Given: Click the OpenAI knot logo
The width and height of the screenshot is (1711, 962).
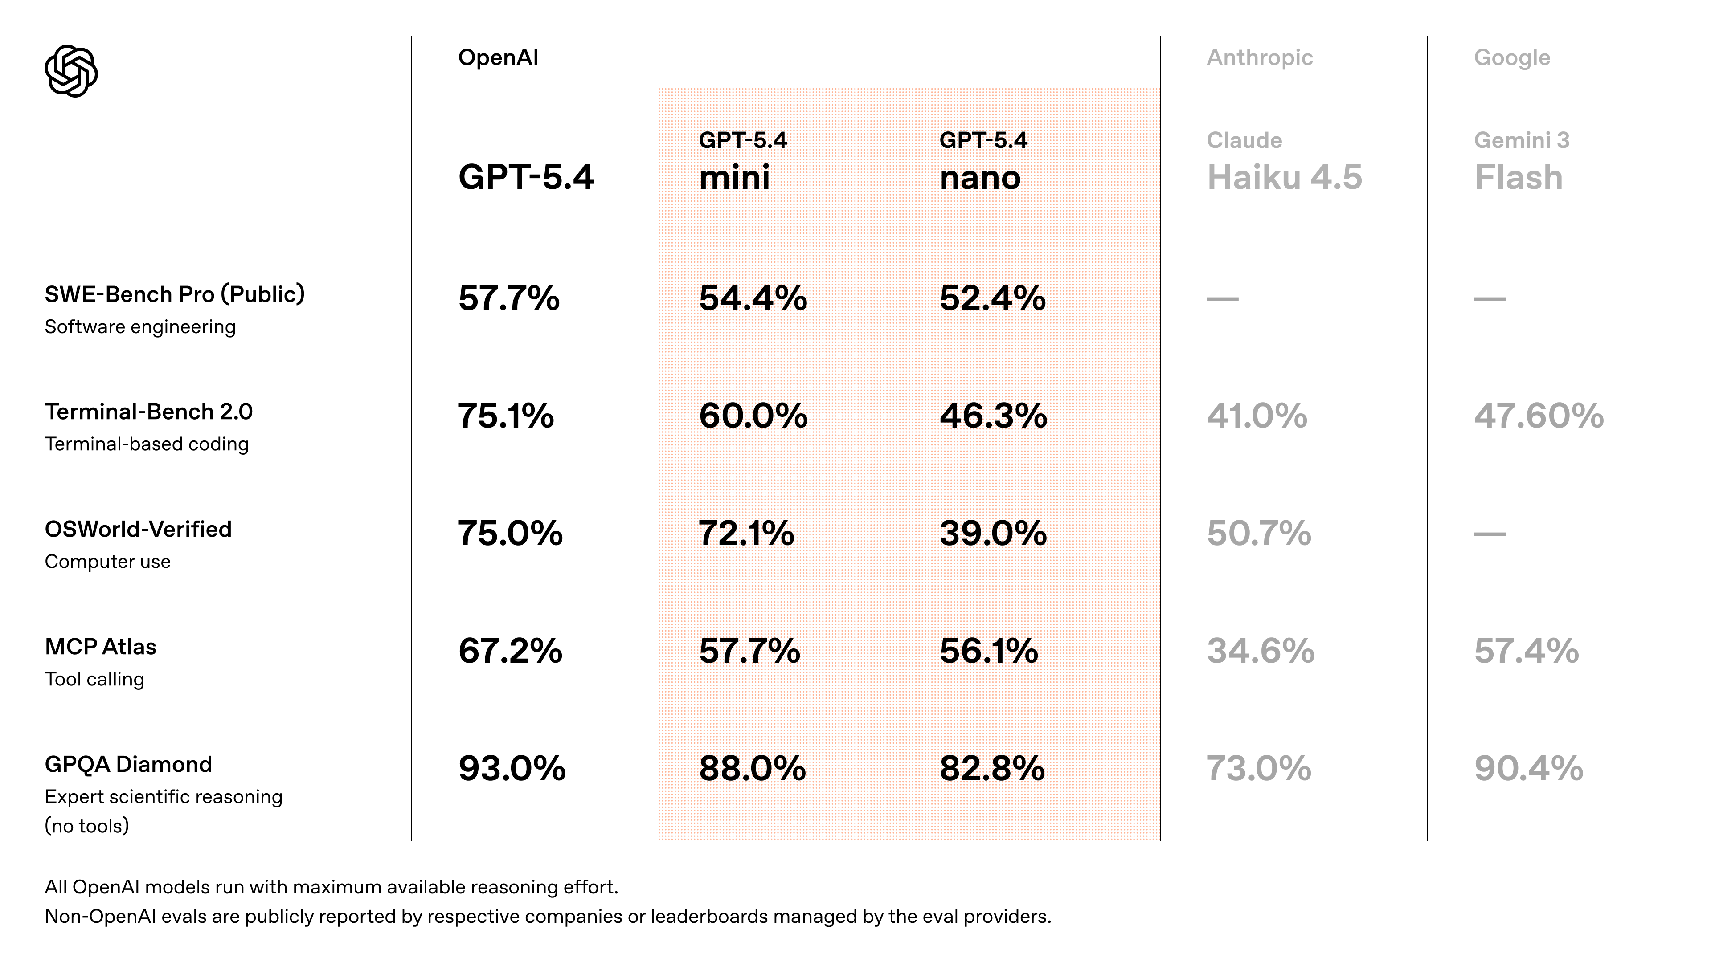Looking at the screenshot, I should [71, 71].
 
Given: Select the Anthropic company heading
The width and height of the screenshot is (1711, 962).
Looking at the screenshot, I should [1259, 58].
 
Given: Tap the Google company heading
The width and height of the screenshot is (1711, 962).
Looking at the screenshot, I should [1512, 58].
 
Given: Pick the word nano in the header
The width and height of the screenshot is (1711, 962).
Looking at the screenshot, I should [980, 178].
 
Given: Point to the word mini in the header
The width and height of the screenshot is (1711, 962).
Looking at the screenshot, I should [734, 178].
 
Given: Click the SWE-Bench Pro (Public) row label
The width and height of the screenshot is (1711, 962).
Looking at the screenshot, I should [175, 294].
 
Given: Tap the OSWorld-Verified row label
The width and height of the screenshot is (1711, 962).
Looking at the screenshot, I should [138, 529].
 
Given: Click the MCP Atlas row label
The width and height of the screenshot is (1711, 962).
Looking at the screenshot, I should [100, 647].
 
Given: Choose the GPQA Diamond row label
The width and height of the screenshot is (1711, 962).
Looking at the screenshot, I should [128, 764].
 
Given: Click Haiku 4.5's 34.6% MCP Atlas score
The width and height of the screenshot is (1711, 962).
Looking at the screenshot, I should [1260, 651].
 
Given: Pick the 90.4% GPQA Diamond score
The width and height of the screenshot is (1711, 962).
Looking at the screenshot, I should [1528, 768].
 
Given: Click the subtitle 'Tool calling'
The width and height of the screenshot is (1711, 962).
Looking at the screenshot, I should [94, 679].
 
